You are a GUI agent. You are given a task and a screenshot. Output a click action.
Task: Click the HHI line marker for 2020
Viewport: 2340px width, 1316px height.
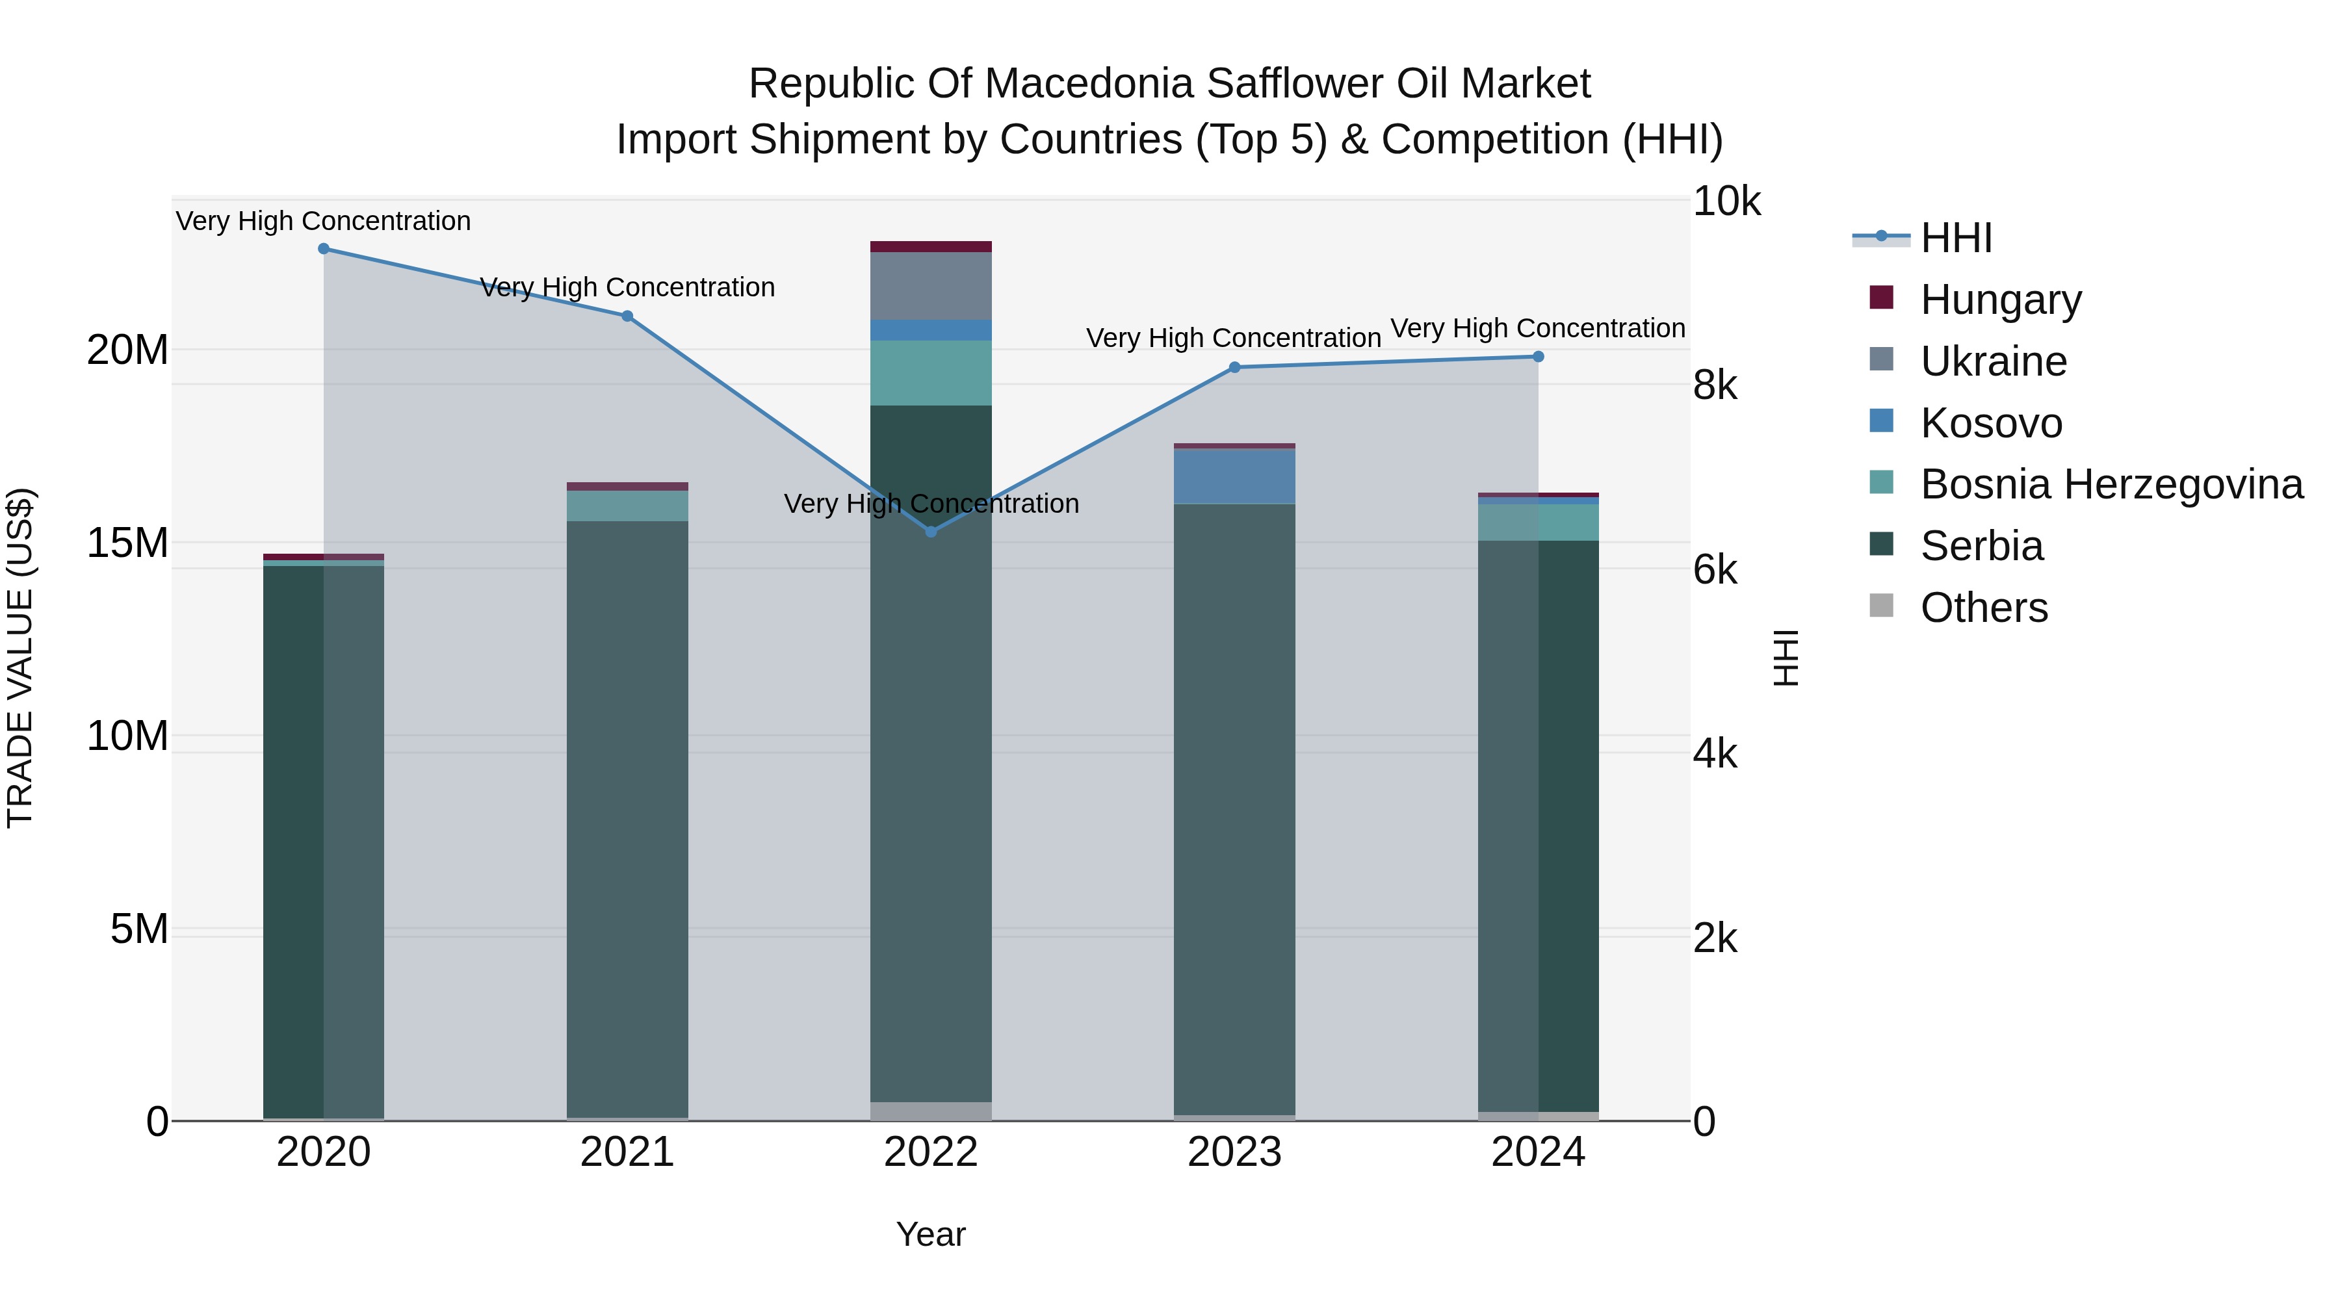[324, 249]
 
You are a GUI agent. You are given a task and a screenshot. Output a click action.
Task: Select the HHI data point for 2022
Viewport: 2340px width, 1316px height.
[930, 532]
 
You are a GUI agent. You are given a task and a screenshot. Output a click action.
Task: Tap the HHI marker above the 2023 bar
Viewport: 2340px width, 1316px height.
[1234, 368]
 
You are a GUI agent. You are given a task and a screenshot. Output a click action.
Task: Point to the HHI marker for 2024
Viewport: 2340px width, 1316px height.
[1538, 357]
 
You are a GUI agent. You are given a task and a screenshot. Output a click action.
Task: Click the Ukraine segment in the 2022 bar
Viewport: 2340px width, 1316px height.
[930, 286]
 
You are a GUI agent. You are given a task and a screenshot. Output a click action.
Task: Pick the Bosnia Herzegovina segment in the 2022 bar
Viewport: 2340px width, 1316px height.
[930, 373]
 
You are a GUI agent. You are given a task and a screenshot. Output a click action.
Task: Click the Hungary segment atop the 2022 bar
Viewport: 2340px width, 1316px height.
[930, 247]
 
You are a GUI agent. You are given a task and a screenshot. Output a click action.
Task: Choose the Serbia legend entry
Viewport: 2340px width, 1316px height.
[1981, 546]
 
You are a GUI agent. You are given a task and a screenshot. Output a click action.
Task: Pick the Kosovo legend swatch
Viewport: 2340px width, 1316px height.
[1881, 421]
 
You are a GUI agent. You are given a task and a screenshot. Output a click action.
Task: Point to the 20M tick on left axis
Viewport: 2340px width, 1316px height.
[127, 350]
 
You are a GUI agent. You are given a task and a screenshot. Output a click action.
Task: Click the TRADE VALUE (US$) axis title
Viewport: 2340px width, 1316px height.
[20, 658]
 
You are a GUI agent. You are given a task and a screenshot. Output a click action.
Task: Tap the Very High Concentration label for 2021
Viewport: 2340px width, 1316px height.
[627, 288]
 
